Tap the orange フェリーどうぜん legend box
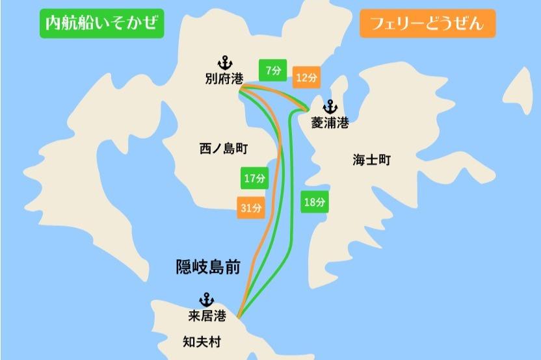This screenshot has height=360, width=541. pos(427,24)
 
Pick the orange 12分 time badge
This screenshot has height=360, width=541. pos(306,77)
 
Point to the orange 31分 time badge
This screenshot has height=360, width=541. pos(251,208)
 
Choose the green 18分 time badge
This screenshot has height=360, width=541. pos(314,202)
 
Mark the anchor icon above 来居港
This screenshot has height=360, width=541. pos(206,300)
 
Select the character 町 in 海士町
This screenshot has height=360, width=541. pos(384,159)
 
